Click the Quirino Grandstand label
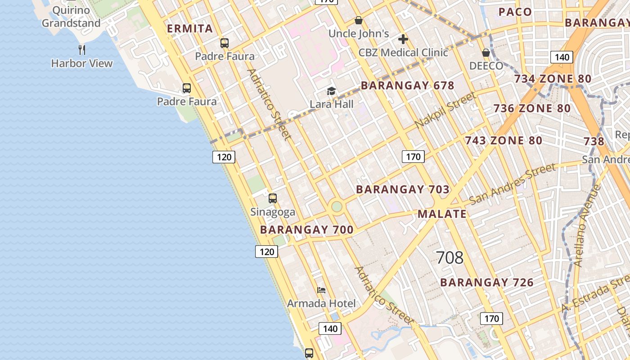pos(71,17)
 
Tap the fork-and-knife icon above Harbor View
pos(82,49)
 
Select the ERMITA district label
pos(190,29)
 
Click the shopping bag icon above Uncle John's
pos(359,20)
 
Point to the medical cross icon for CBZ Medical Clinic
pos(403,39)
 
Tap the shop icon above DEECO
pos(486,53)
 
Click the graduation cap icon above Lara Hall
pos(332,91)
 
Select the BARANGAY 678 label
pos(408,85)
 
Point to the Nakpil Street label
pos(445,110)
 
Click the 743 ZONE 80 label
pos(504,140)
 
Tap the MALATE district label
pos(442,214)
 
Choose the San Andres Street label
pos(512,184)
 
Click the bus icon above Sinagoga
pos(273,198)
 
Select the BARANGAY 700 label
pos(307,229)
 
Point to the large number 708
pos(450,257)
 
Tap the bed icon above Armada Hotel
pos(321,290)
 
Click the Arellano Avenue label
pos(588,225)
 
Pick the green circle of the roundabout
pos(337,207)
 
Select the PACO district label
pos(515,12)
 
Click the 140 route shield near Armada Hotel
pos(330,328)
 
